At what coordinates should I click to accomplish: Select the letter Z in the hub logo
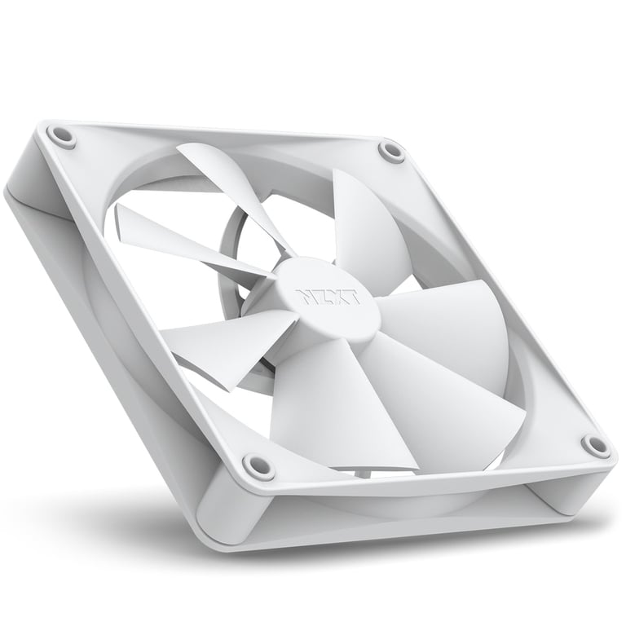click(x=320, y=296)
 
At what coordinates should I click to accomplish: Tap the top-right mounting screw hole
click(x=391, y=151)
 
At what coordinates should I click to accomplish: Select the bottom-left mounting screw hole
click(x=258, y=466)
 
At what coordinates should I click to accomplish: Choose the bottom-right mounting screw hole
click(x=595, y=445)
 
